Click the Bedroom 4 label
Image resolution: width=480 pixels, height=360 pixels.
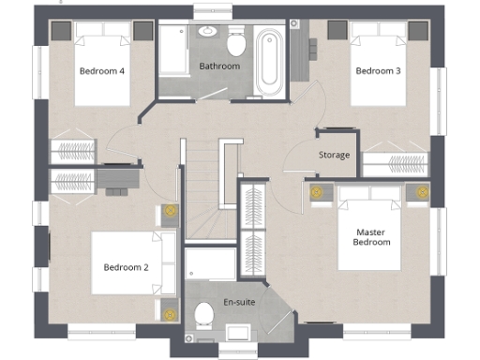click(x=102, y=70)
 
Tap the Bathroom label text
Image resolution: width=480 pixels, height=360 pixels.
click(x=219, y=67)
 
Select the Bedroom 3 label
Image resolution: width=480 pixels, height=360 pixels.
click(x=378, y=70)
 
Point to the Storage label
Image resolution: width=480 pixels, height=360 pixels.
click(x=334, y=155)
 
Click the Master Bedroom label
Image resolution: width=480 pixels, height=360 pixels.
click(x=371, y=236)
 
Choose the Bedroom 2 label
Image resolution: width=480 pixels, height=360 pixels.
click(x=127, y=267)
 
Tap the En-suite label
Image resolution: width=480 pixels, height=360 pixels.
click(x=237, y=302)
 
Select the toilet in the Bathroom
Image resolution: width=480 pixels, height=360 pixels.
click(x=235, y=42)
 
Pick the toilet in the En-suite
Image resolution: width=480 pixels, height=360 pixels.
click(x=200, y=322)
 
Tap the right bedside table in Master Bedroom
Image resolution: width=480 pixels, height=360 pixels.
click(x=421, y=194)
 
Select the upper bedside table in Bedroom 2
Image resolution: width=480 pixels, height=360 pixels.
click(x=170, y=212)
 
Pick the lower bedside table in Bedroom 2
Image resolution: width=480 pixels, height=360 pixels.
click(x=170, y=312)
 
